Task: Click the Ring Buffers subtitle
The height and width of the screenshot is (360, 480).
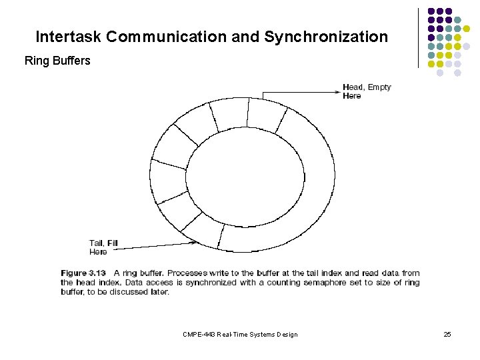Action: pyautogui.click(x=57, y=61)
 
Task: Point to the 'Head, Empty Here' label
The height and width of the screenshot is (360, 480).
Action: pyautogui.click(x=366, y=91)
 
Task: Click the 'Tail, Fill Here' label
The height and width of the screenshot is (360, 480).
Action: pyautogui.click(x=103, y=247)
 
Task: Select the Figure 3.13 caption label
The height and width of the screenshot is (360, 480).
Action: pyautogui.click(x=83, y=273)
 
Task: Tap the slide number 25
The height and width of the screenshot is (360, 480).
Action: pyautogui.click(x=447, y=334)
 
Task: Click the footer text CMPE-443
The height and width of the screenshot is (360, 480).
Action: pyautogui.click(x=197, y=334)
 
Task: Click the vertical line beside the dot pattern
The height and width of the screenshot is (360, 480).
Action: pyautogui.click(x=418, y=38)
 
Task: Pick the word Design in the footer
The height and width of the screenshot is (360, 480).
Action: pyautogui.click(x=285, y=334)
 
